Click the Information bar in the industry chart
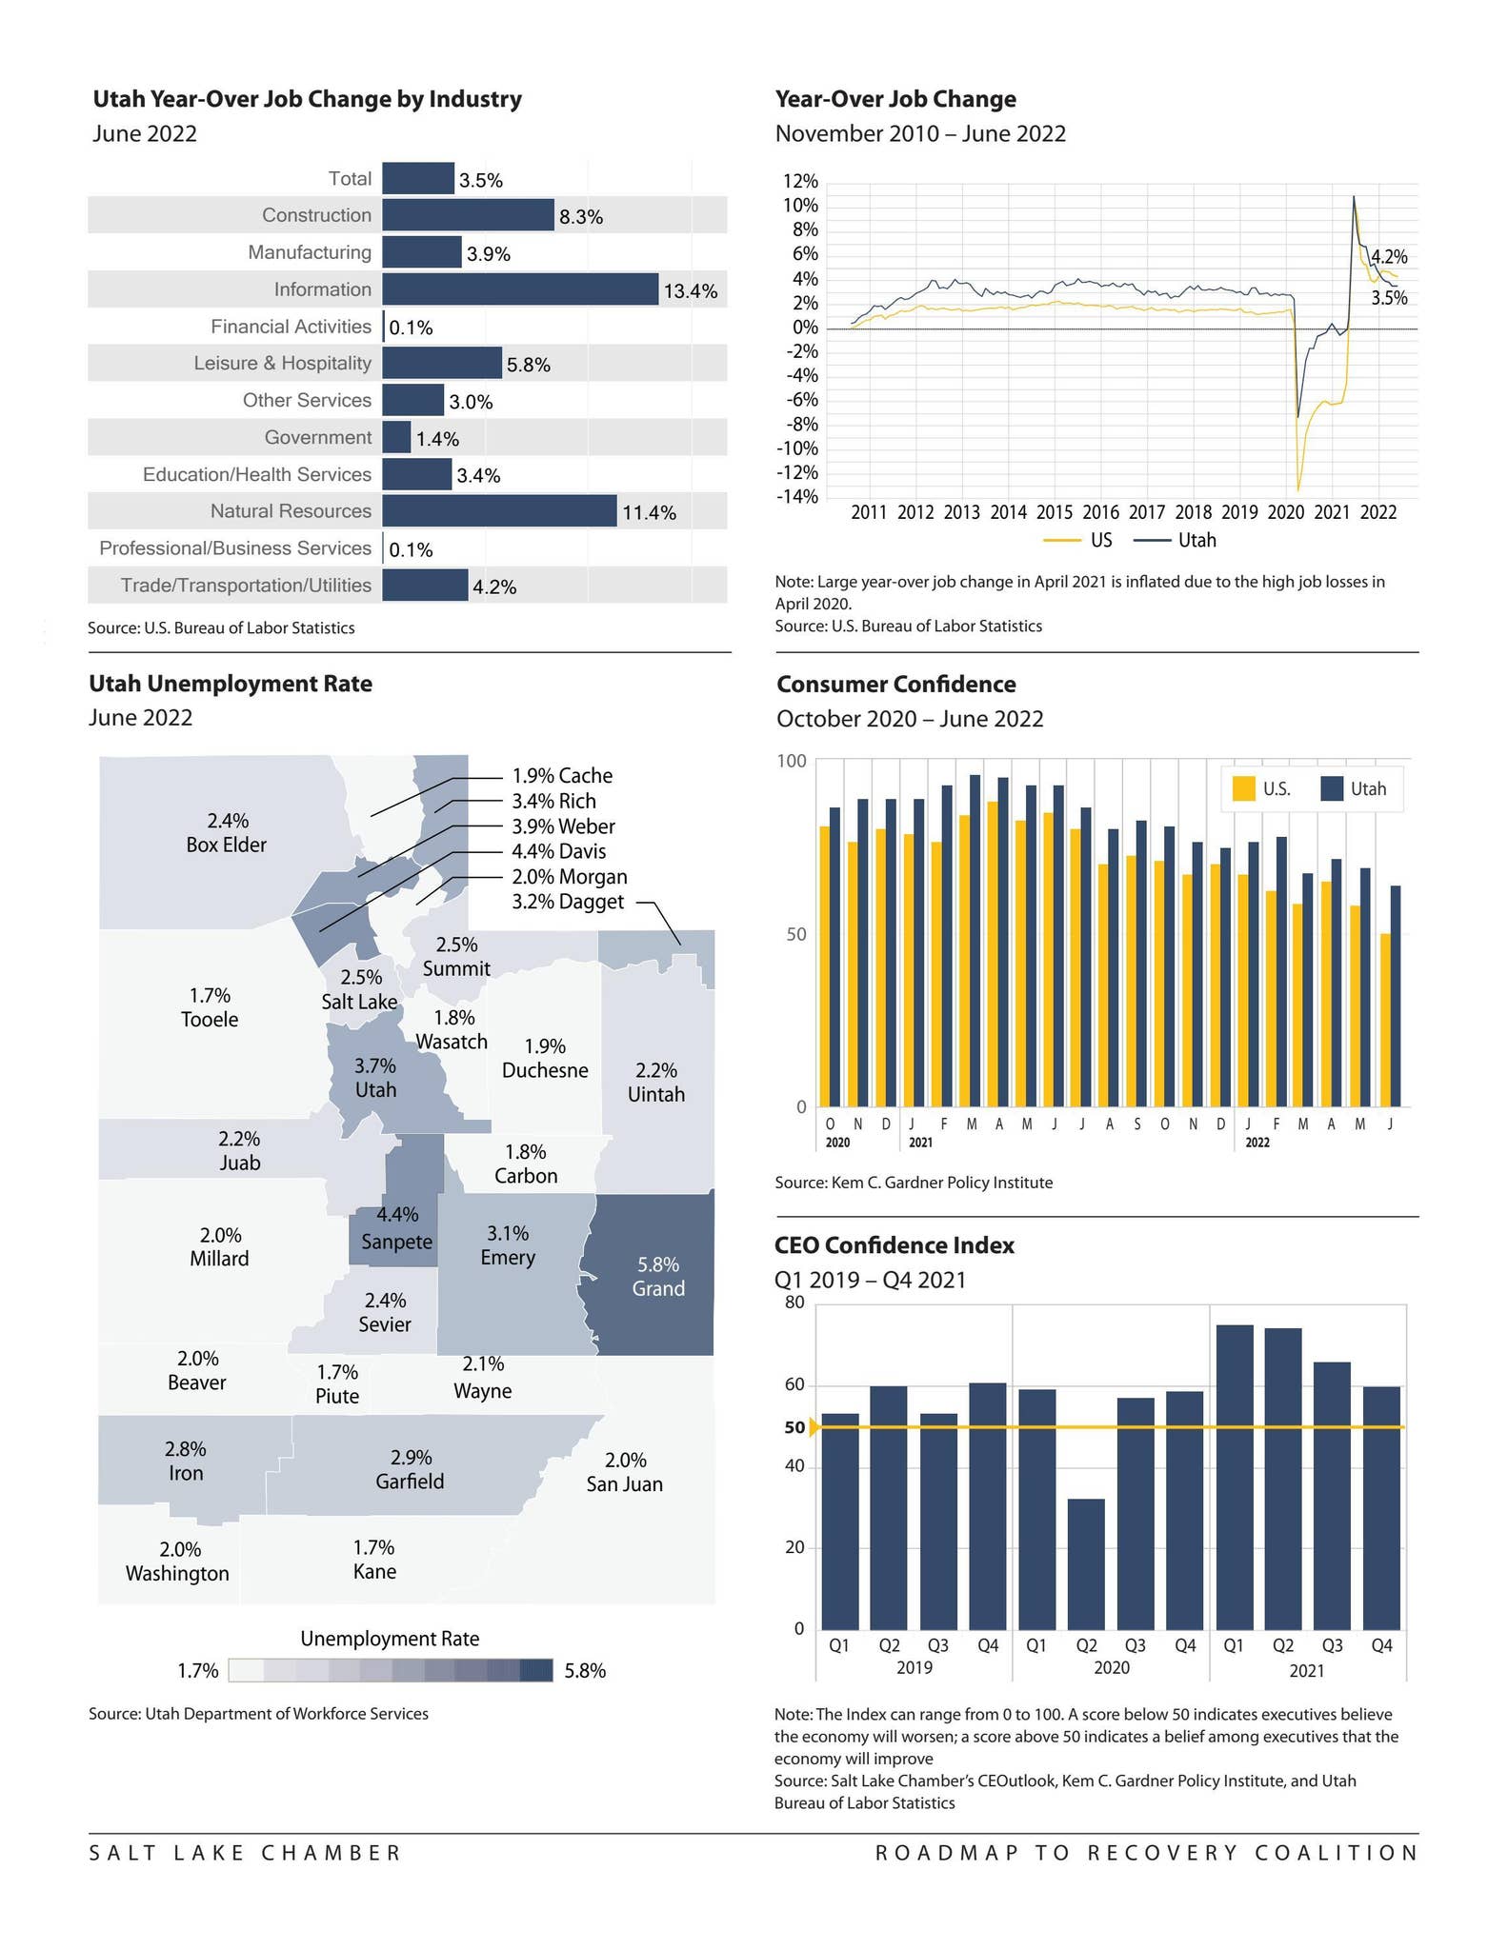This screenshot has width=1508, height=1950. point(519,289)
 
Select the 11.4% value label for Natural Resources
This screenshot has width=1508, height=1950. point(649,513)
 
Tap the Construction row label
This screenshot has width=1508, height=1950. point(316,215)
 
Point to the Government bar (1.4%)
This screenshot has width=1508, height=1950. point(396,438)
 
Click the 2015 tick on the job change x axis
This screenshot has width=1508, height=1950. point(1054,512)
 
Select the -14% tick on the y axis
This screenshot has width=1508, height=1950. point(799,497)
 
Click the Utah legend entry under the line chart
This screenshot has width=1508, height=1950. point(1176,540)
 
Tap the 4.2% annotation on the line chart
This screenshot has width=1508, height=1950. point(1388,256)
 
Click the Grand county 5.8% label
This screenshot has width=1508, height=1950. point(658,1277)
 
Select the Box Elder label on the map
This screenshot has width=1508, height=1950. point(227,833)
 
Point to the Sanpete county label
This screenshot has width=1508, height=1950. point(396,1242)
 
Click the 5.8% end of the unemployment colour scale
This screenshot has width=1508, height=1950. point(585,1670)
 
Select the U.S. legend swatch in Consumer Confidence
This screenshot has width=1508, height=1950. point(1243,788)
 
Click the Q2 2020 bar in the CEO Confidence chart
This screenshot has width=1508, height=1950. point(1086,1563)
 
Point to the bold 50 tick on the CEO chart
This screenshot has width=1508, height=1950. point(794,1427)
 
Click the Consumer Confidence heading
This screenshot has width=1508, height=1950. point(895,685)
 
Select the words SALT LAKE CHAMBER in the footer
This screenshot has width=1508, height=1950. point(245,1852)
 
